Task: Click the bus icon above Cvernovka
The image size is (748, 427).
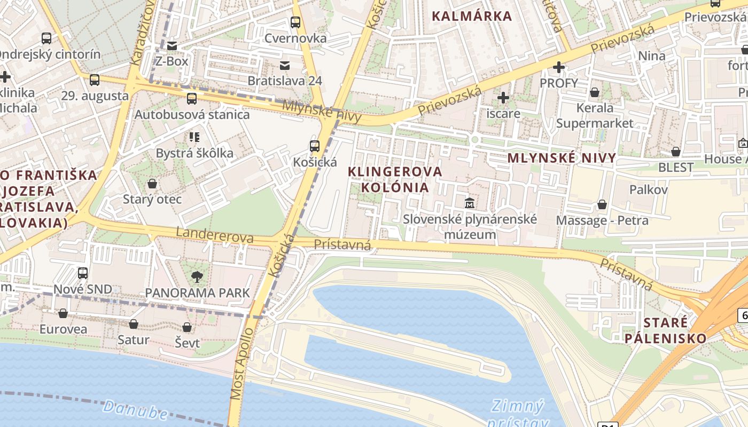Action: point(295,22)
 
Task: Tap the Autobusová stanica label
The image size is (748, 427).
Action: point(192,114)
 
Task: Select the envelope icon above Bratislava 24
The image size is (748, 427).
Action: point(285,66)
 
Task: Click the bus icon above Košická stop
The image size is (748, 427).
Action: point(315,146)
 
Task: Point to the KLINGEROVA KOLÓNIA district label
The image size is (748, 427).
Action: point(395,179)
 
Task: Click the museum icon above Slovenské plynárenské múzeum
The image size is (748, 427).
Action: point(470,203)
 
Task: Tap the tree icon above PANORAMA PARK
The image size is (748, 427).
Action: point(197,276)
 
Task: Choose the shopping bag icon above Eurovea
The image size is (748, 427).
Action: point(63,313)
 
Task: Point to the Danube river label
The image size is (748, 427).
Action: point(136,410)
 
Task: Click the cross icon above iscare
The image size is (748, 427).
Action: point(503,98)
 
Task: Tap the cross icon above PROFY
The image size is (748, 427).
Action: point(559,67)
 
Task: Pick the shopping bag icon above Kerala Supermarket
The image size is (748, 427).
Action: point(594,93)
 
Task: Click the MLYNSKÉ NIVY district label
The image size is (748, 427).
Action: point(562,158)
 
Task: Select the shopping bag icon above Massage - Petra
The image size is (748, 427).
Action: point(602,204)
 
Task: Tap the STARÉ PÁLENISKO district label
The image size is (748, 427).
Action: point(665,330)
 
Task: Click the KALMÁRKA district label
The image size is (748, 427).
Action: point(472,16)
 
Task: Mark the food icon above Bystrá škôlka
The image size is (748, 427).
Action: point(194,138)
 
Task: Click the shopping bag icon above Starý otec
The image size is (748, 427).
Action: point(152,184)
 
